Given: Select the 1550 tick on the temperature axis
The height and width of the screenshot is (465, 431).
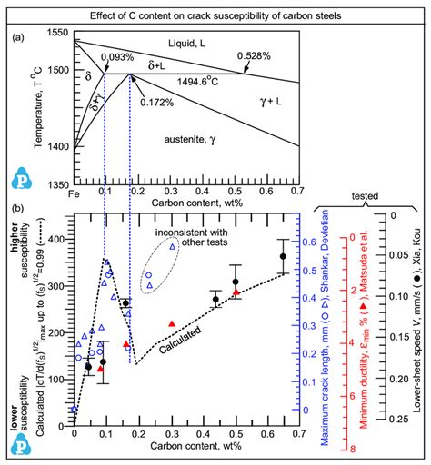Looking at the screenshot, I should coord(59,33).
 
